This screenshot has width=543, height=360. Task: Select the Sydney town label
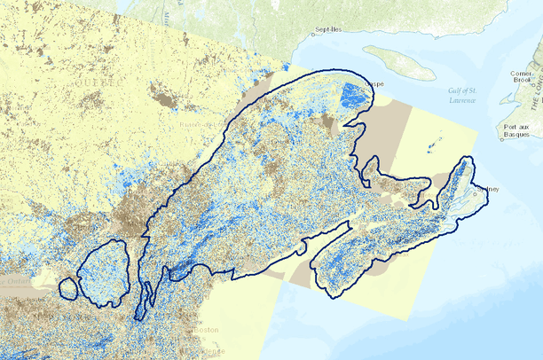click(x=488, y=189)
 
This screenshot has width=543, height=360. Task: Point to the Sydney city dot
click(x=476, y=187)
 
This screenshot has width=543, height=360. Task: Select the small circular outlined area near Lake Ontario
click(x=67, y=287)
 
